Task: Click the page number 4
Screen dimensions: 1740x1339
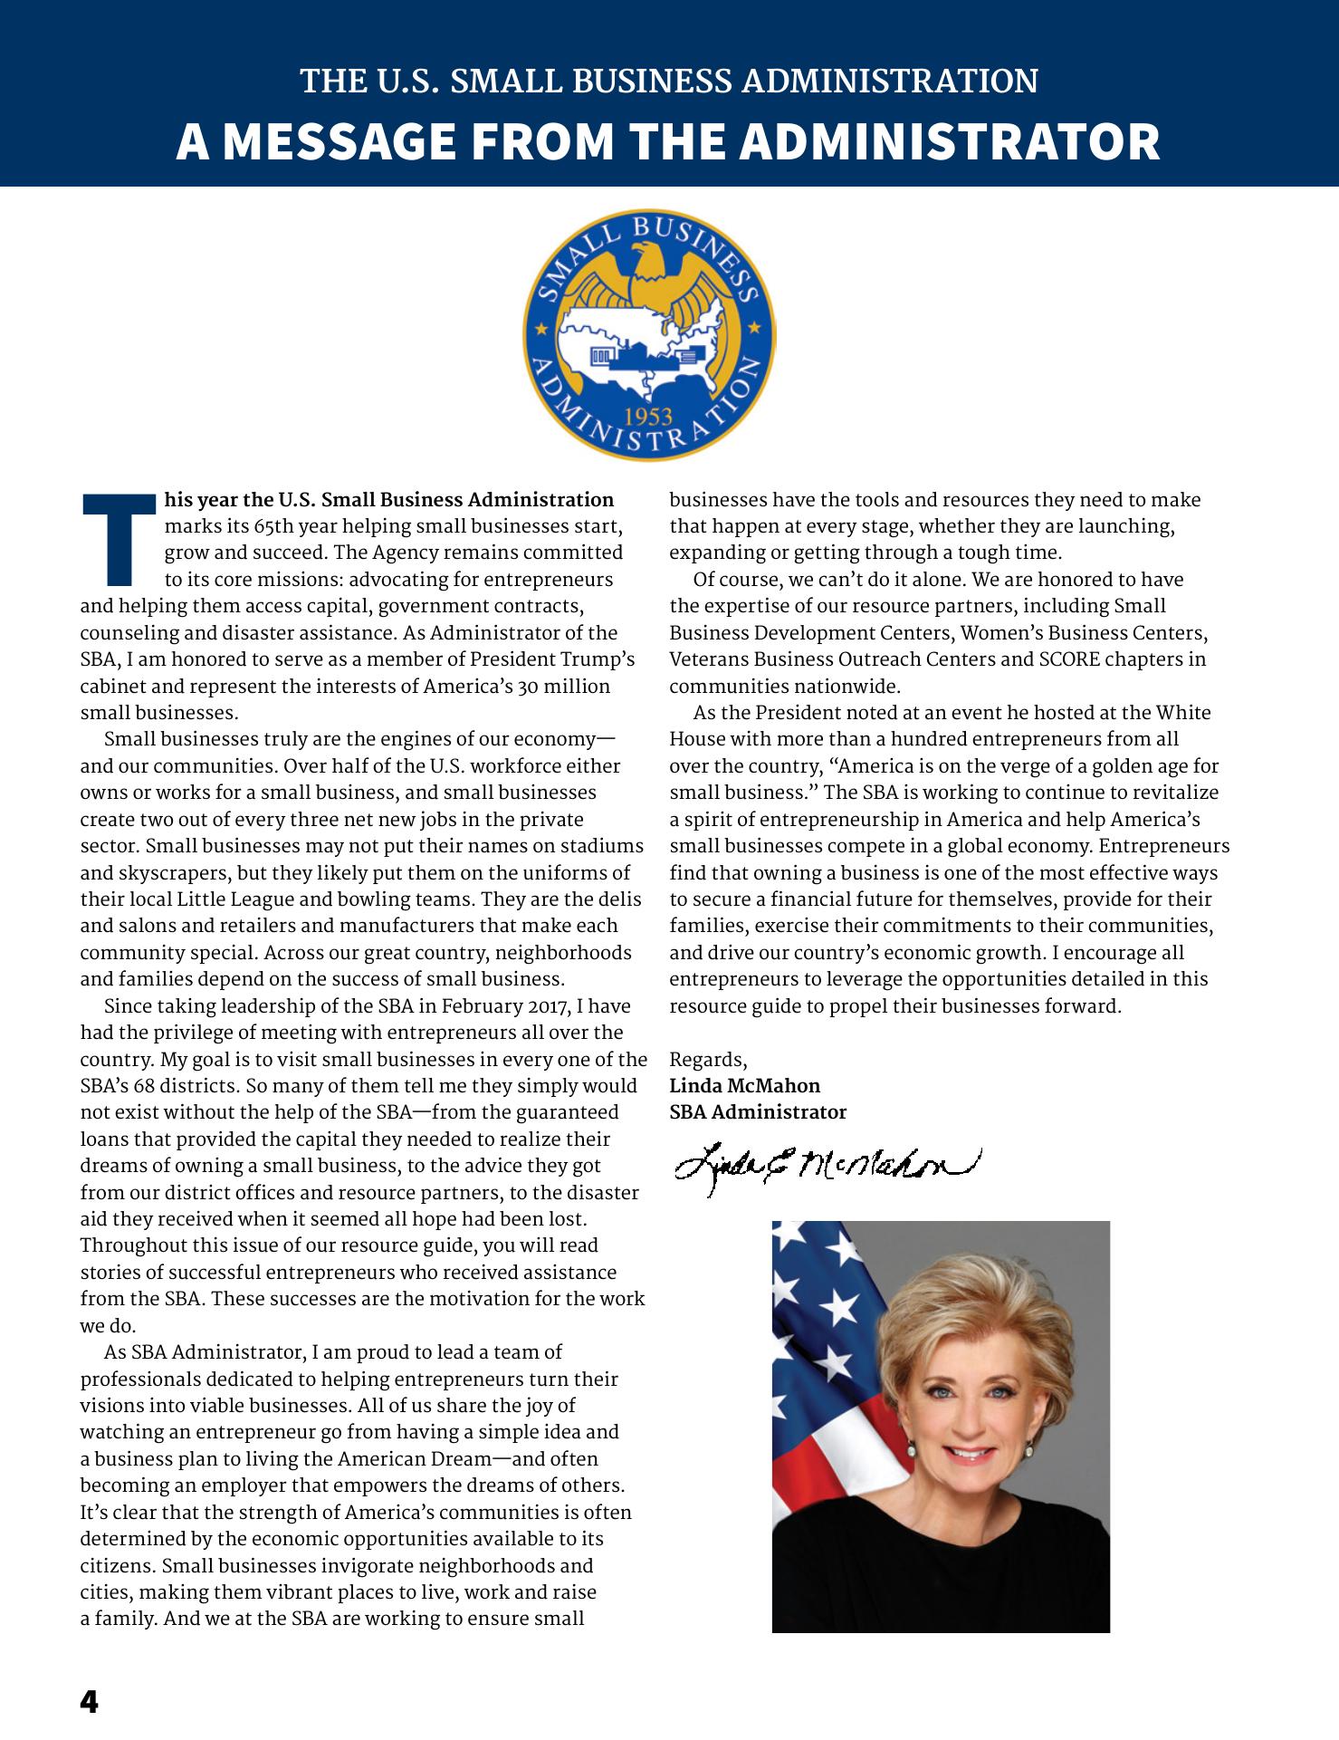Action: pyautogui.click(x=89, y=1702)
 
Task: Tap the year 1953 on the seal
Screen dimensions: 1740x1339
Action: pyautogui.click(x=648, y=417)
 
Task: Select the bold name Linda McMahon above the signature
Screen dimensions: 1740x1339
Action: pyautogui.click(x=744, y=1085)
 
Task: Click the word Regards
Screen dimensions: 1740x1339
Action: pyautogui.click(x=707, y=1059)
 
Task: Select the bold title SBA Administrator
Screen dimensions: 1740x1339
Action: pyautogui.click(x=758, y=1111)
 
